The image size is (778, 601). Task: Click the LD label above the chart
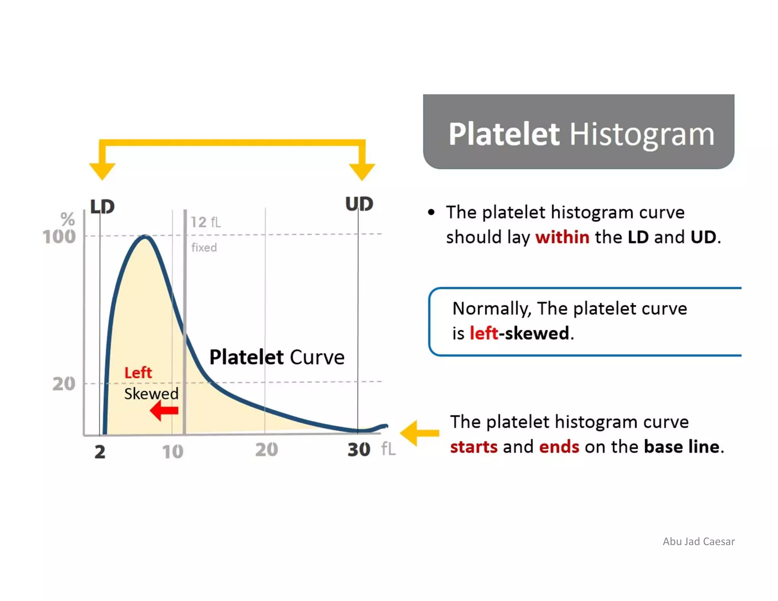pos(102,207)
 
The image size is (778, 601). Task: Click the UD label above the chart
pos(359,204)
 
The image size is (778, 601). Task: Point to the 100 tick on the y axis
pos(59,237)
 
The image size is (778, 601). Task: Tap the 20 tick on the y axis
pos(64,384)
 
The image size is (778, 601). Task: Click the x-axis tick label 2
pos(100,452)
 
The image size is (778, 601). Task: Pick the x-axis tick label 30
pos(359,449)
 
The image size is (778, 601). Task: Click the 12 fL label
pos(205,222)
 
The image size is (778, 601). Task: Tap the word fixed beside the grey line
pos(204,248)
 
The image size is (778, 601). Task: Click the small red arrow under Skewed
pos(164,411)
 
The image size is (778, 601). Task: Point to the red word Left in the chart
pos(138,373)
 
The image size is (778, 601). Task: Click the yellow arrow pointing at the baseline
pos(419,433)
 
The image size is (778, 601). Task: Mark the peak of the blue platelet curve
pos(145,237)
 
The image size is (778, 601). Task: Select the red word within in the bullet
pos(562,237)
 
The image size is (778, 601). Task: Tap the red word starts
pos(473,447)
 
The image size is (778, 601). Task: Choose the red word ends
pos(559,447)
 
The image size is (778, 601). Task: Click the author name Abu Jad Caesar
pos(698,541)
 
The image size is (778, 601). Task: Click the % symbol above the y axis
pos(68,219)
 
